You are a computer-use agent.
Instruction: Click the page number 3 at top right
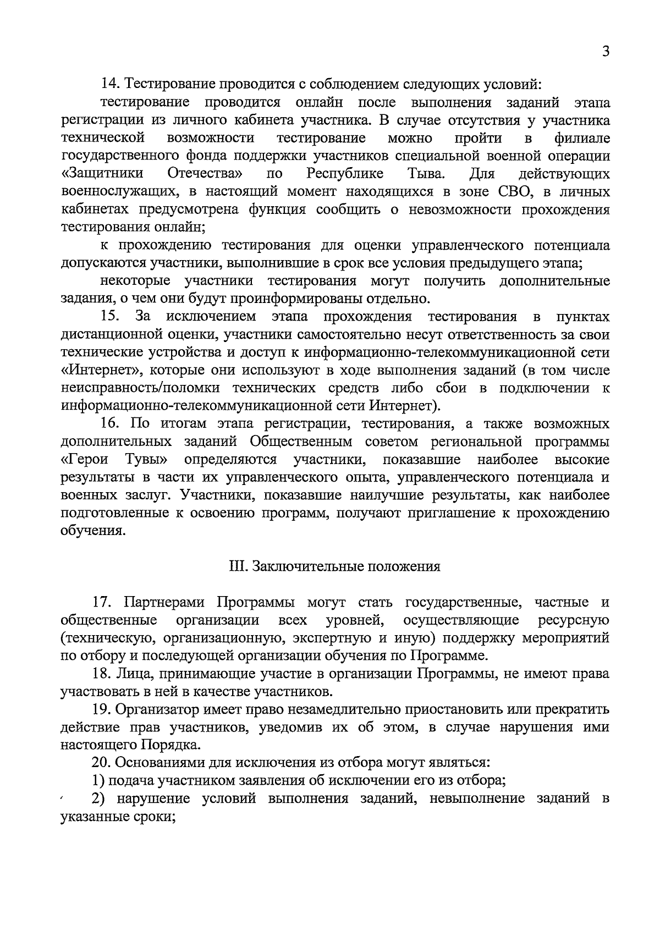click(606, 52)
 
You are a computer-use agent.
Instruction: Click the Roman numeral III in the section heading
click(237, 567)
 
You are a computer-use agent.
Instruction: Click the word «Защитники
click(102, 174)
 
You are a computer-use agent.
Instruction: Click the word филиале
click(582, 138)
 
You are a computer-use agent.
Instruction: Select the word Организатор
click(157, 710)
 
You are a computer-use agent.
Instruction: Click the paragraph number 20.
click(102, 763)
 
